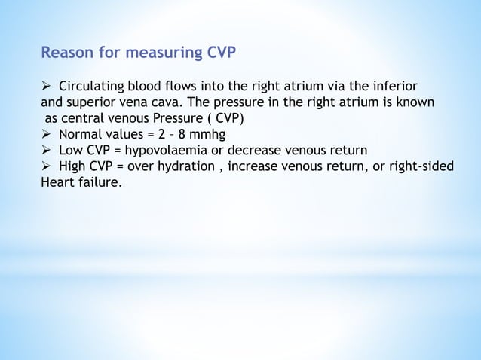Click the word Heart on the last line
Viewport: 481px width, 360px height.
click(x=58, y=182)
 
